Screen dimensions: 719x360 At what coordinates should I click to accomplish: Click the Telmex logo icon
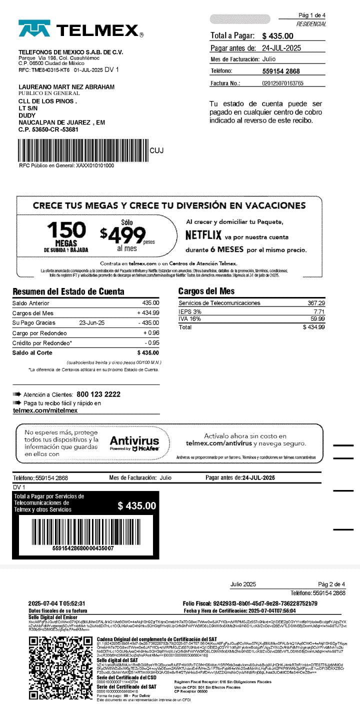[x=34, y=28]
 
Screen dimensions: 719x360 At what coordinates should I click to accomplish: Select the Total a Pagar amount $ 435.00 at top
[x=277, y=36]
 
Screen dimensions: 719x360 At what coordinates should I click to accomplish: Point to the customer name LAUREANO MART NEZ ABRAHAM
[x=66, y=87]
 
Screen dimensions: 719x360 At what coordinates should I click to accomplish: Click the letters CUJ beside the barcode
[x=156, y=150]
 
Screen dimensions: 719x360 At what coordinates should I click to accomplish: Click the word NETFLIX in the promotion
[x=203, y=235]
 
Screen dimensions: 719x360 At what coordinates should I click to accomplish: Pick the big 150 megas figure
[x=66, y=230]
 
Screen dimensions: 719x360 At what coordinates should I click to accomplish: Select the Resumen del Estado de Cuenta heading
[x=68, y=291]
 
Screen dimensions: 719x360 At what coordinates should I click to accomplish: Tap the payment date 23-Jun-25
[x=92, y=322]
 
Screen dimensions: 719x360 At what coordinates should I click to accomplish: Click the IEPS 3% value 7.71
[x=318, y=311]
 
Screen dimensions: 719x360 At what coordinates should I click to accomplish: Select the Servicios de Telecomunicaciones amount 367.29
[x=316, y=303]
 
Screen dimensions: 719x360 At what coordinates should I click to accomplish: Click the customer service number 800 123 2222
[x=98, y=394]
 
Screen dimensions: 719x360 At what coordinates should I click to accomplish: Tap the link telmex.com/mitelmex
[x=45, y=410]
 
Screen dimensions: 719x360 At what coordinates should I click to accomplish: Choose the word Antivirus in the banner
[x=134, y=440]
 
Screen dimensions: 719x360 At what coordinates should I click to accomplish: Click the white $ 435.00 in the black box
[x=137, y=506]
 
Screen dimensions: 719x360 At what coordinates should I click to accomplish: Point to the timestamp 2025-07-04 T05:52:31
[x=57, y=603]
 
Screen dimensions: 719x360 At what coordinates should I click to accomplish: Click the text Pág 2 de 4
[x=331, y=584]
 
